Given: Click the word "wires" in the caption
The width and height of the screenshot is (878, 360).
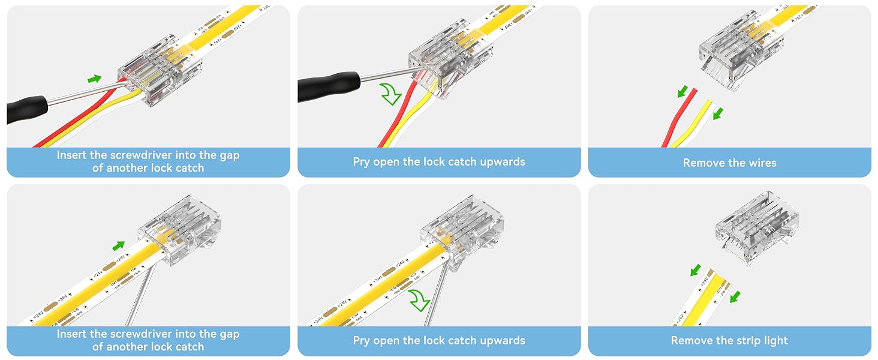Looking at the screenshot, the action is pyautogui.click(x=762, y=163).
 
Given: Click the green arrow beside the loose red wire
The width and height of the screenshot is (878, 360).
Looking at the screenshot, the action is pyautogui.click(x=682, y=91).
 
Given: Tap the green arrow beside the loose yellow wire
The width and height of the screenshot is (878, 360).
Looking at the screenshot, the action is pyautogui.click(x=718, y=114).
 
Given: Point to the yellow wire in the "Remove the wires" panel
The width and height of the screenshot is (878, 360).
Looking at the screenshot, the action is pyautogui.click(x=692, y=124).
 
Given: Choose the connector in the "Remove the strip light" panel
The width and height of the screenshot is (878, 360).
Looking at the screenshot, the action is pyautogui.click(x=756, y=227).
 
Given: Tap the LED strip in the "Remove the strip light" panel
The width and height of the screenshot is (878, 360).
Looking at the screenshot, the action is pyautogui.click(x=702, y=298).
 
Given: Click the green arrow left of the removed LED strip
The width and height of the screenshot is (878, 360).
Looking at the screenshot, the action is pyautogui.click(x=695, y=270).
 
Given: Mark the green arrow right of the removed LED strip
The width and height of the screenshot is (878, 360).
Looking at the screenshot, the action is pyautogui.click(x=735, y=296).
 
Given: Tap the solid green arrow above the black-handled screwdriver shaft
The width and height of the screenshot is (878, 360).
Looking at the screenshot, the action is pyautogui.click(x=94, y=79).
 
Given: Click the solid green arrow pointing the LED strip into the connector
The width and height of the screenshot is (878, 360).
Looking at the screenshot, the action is pyautogui.click(x=118, y=245).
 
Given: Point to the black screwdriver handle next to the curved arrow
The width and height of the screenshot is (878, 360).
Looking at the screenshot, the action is pyautogui.click(x=329, y=86).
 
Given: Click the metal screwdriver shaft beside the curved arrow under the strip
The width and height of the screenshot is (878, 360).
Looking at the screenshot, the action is pyautogui.click(x=436, y=294).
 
